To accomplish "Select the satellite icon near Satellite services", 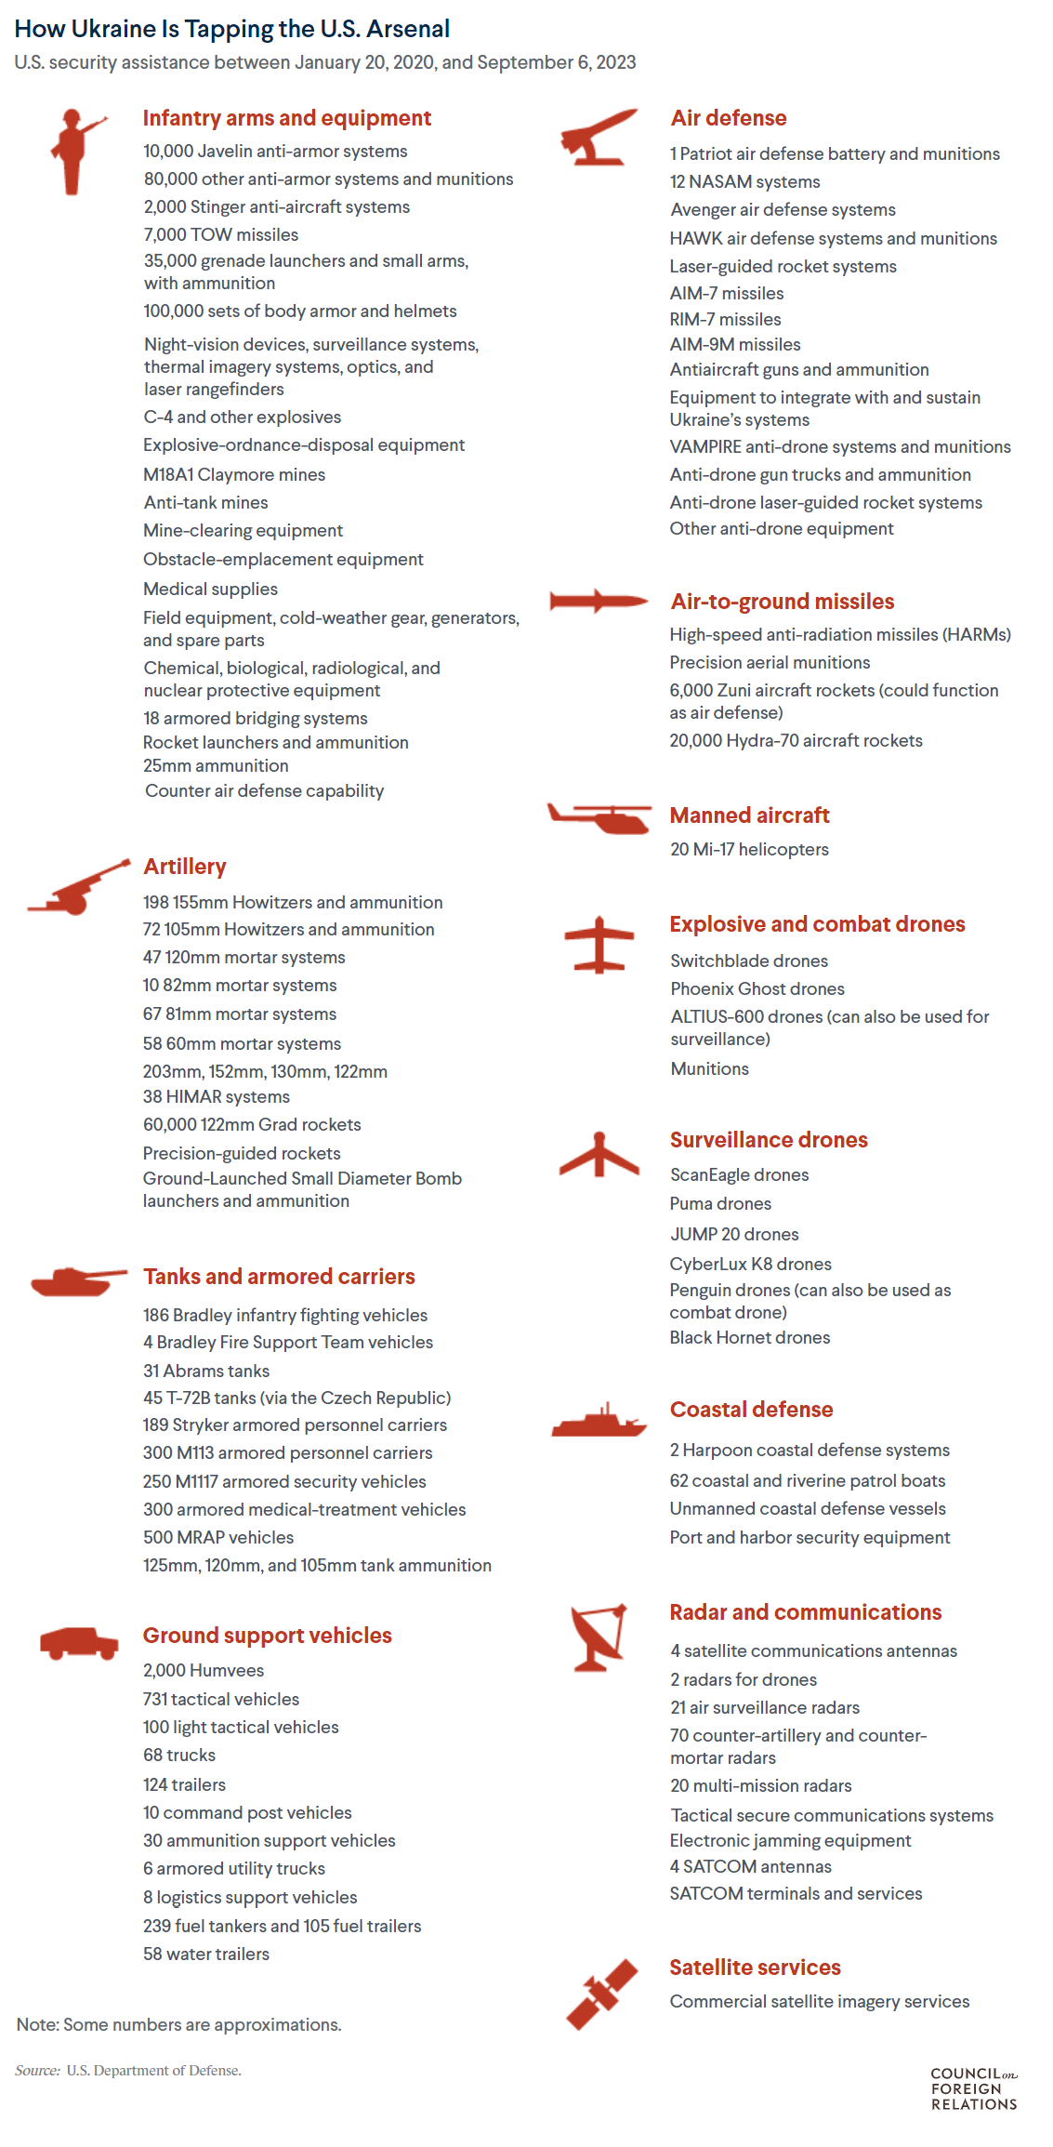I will pyautogui.click(x=602, y=1994).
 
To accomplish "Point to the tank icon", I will pyautogui.click(x=77, y=1281).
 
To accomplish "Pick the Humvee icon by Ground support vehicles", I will pyautogui.click(x=79, y=1643).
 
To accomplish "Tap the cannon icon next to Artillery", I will pyautogui.click(x=78, y=888).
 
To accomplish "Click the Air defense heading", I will pyautogui.click(x=729, y=118).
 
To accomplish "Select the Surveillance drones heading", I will pyautogui.click(x=769, y=1140).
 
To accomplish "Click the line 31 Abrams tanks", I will pyautogui.click(x=206, y=1371).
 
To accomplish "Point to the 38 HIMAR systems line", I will pyautogui.click(x=217, y=1097).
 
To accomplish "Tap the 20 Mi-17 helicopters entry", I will pyautogui.click(x=749, y=849).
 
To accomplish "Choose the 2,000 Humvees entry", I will pyautogui.click(x=204, y=1670).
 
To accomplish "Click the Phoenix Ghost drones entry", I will pyautogui.click(x=757, y=988).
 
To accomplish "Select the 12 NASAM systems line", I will pyautogui.click(x=745, y=181).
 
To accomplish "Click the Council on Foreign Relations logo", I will pyautogui.click(x=974, y=2088).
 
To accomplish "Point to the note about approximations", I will pyautogui.click(x=179, y=2024).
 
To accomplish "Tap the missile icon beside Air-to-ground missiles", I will pyautogui.click(x=598, y=601).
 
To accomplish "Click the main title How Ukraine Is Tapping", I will pyautogui.click(x=232, y=29).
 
